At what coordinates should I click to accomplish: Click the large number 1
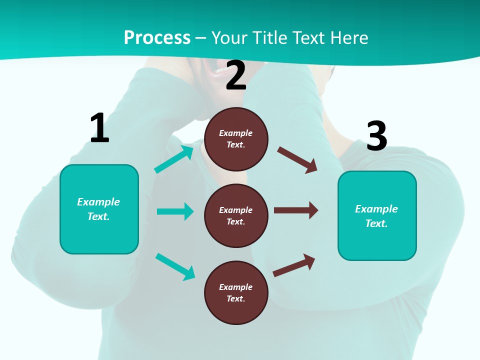point(99,128)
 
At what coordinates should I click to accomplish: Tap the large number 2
point(236,75)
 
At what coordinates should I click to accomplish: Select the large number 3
point(376,136)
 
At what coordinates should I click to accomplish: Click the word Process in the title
point(157,37)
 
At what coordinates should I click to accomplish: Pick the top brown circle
point(236,139)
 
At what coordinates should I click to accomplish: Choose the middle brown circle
point(236,215)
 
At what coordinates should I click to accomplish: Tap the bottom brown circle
point(236,292)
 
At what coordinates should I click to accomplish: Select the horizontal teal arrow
point(175,211)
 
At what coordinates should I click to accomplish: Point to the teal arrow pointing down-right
point(175,266)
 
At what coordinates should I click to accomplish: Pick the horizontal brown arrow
point(296,210)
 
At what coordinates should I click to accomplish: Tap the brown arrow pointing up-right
point(294,265)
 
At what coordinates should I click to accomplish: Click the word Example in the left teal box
point(98,202)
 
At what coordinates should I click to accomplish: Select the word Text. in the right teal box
point(376,223)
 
